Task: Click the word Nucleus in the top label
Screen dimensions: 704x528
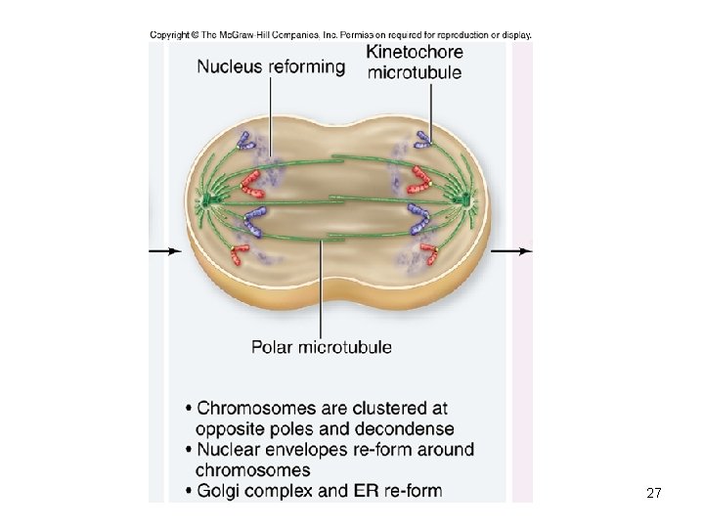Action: pos(232,66)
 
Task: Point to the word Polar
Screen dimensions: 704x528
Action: pos(273,346)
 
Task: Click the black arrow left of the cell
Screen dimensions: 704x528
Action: pos(165,251)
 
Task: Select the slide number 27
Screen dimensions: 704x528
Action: pos(654,495)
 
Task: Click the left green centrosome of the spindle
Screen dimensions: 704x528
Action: pos(208,201)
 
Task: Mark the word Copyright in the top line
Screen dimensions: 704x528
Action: pos(167,35)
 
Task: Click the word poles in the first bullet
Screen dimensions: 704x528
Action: pos(300,429)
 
